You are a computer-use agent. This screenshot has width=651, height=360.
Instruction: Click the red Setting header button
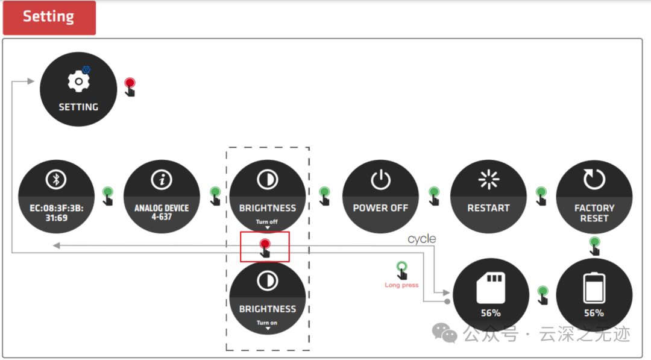49,17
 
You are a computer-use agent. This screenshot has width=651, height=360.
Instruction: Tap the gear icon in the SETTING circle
78,81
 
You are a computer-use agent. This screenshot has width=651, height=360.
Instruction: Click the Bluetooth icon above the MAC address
57,179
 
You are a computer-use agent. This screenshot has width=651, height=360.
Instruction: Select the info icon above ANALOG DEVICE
162,179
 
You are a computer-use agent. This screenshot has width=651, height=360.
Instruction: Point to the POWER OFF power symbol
380,179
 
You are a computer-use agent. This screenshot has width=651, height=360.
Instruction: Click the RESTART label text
488,208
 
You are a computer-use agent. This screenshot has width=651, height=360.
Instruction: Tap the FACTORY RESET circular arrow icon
594,179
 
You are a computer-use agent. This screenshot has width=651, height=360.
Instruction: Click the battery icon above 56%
594,288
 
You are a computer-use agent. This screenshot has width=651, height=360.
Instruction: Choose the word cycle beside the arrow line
421,239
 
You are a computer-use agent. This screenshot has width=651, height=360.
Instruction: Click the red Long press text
401,285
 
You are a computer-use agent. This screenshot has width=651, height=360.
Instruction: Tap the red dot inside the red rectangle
265,244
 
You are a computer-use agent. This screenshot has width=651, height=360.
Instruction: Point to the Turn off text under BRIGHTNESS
267,222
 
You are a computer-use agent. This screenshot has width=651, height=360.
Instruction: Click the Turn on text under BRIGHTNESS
267,323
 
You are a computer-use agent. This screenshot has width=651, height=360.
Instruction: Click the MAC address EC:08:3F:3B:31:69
57,212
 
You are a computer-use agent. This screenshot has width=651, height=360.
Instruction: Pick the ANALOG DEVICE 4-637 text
162,212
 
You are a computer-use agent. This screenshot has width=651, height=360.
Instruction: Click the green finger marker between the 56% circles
542,293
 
